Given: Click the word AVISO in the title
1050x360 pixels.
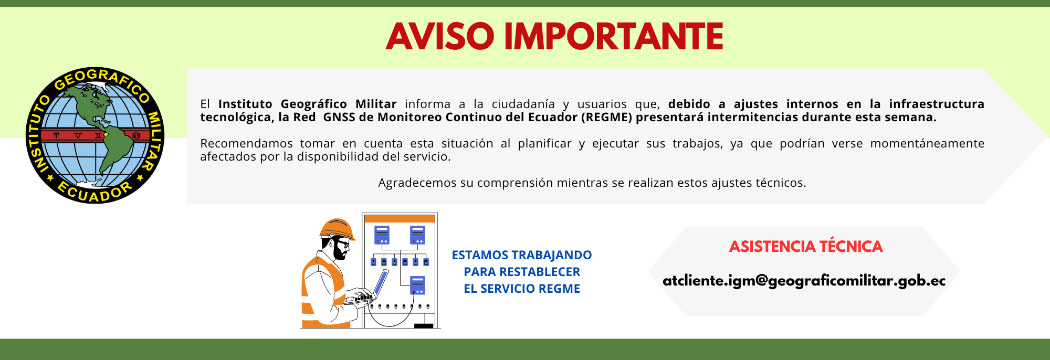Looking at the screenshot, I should click(x=440, y=37).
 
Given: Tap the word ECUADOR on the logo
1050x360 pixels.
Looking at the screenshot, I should click(x=94, y=193).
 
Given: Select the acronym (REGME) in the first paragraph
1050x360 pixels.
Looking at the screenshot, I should click(x=606, y=117).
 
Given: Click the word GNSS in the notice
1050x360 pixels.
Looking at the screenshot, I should click(x=339, y=117).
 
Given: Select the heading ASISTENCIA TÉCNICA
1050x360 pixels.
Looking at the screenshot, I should click(x=805, y=246).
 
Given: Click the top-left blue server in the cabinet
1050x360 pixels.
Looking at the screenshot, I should click(x=382, y=235).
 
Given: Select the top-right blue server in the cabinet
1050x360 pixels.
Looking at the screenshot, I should click(x=417, y=235).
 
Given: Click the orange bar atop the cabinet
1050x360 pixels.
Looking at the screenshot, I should click(x=400, y=218).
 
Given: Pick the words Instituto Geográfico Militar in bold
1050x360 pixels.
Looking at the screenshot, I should click(x=307, y=104).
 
